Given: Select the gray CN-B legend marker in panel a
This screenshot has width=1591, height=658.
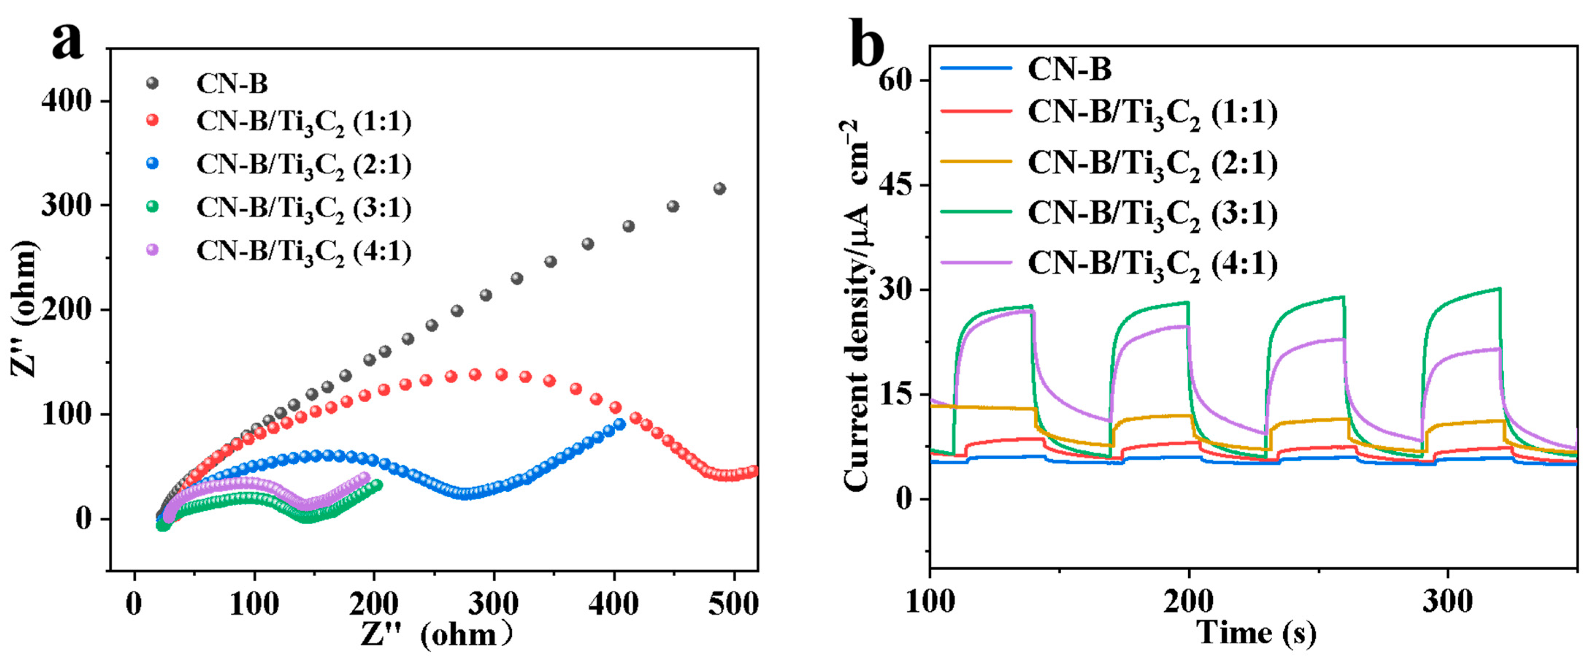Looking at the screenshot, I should pos(152,83).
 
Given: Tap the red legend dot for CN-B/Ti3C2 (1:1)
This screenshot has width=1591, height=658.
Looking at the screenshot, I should pos(152,121).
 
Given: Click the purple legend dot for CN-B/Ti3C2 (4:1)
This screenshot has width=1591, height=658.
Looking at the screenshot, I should pos(152,250).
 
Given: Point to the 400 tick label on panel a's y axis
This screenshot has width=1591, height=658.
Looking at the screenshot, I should pos(67,101).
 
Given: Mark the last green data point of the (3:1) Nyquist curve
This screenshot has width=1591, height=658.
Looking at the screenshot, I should pos(377,485).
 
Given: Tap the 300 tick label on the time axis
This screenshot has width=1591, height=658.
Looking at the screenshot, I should pos(1448,601).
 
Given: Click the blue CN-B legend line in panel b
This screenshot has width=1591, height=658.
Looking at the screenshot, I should pos(976,68).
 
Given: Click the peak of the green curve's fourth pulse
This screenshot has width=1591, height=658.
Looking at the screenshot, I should pos(1499,289).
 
